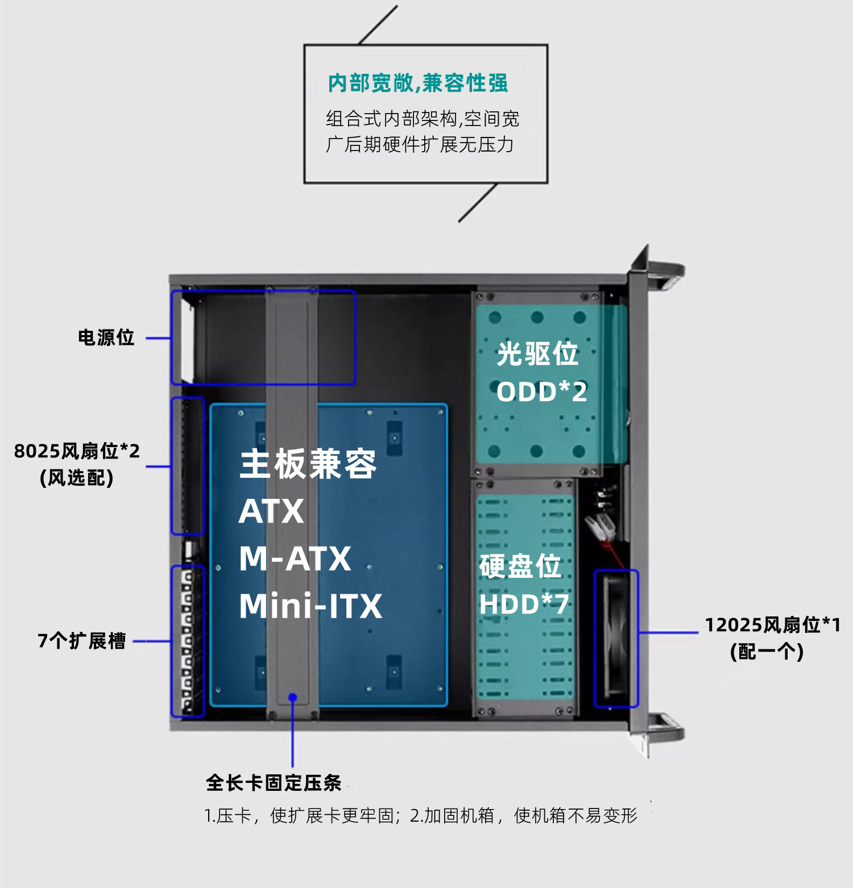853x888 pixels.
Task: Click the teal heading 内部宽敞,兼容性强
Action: point(418,83)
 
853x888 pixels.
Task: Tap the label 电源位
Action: point(106,337)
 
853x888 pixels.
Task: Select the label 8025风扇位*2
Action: point(77,451)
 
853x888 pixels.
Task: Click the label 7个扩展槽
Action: point(82,641)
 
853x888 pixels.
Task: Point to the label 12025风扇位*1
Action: point(772,625)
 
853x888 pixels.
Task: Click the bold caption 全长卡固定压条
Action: point(274,783)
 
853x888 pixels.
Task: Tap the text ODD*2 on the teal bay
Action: point(541,391)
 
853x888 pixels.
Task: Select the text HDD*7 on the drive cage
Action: point(524,604)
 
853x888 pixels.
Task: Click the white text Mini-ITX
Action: point(310,606)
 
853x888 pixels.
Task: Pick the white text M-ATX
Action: point(295,558)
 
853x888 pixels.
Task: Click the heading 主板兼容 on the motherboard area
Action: point(308,464)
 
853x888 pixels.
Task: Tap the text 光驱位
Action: point(537,354)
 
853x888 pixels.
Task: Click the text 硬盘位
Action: point(520,566)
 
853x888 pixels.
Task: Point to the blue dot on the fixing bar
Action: point(292,697)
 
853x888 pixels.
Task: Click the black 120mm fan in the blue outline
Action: point(616,639)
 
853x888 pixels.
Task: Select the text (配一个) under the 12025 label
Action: point(767,652)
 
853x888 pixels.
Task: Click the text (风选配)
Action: point(77,478)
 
